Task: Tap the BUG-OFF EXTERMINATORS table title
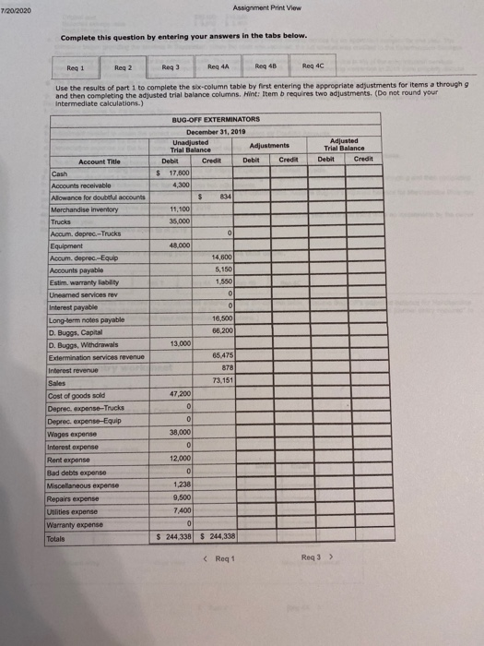point(218,120)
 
